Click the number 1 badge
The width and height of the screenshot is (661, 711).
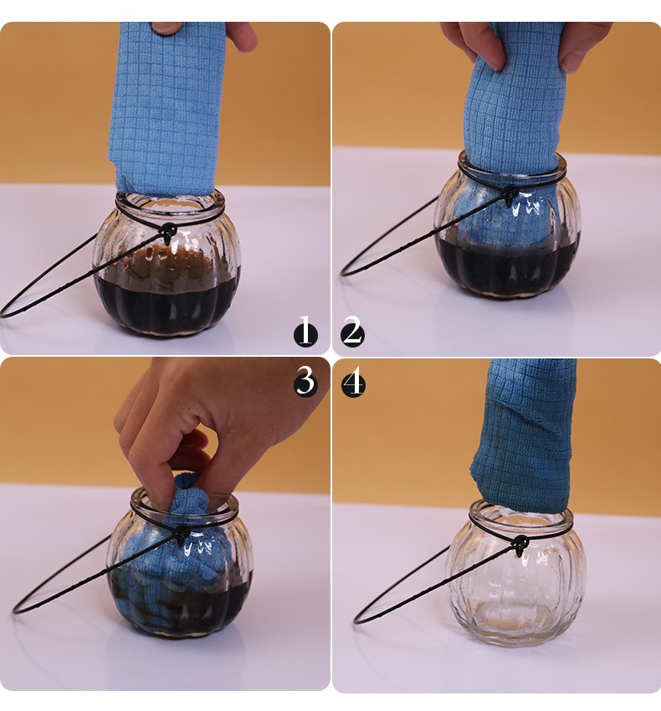point(305,332)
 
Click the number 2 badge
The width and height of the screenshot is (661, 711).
point(352,332)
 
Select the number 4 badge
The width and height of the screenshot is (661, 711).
point(353,384)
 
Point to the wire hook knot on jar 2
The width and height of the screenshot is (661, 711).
point(510,193)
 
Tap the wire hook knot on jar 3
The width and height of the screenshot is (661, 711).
point(182,534)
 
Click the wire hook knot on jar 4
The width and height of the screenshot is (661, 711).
point(520,544)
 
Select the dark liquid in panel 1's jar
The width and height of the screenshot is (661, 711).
point(167,306)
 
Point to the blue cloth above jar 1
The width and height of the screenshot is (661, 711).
point(167,109)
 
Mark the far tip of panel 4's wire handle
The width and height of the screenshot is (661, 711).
point(356,621)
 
